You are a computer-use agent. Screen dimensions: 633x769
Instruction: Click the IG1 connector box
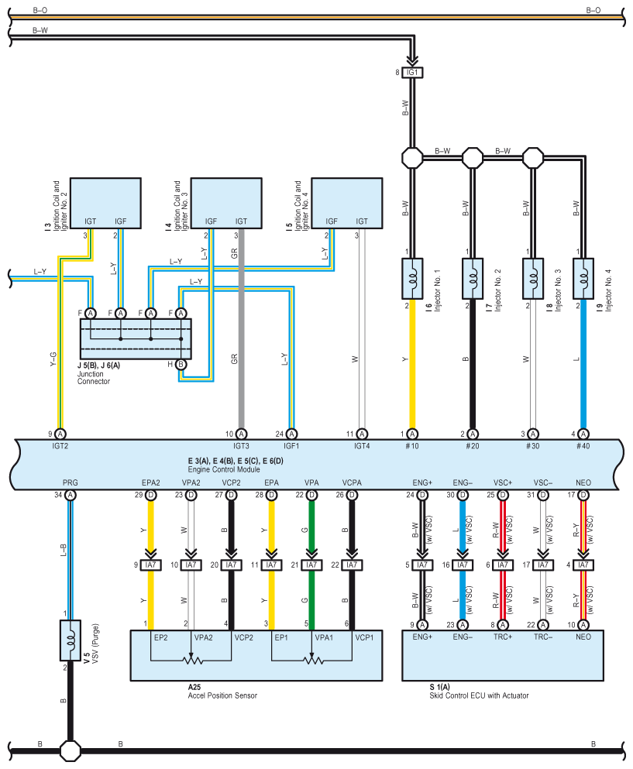[412, 73]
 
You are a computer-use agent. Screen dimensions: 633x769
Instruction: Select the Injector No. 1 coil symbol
[412, 279]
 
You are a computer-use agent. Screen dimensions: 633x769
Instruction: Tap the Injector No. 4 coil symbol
[583, 279]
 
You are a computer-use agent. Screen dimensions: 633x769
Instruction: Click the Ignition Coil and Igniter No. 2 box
[105, 203]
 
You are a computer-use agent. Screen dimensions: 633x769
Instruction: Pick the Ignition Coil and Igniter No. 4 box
[347, 203]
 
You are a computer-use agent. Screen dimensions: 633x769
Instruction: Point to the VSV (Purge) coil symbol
[71, 640]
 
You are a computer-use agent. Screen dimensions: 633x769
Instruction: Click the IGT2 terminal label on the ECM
[60, 446]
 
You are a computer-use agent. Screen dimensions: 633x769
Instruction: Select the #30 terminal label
[532, 446]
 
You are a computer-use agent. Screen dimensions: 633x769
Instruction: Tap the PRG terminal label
[71, 482]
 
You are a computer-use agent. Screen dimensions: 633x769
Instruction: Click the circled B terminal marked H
[181, 365]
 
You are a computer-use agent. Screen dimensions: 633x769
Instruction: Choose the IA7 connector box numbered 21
[311, 565]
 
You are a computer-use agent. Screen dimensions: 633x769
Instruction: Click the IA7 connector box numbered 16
[463, 565]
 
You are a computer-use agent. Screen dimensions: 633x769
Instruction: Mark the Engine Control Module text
[224, 469]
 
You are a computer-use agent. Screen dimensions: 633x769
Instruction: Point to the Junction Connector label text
[93, 378]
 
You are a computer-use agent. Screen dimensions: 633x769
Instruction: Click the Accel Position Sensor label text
[222, 695]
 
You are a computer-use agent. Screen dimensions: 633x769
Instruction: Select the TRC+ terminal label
[503, 637]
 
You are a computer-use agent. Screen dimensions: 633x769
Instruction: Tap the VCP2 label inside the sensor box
[244, 637]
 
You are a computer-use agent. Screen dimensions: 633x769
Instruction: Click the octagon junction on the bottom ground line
[71, 750]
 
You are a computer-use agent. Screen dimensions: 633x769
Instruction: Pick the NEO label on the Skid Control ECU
[583, 637]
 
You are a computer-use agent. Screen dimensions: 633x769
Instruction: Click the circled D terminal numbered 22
[311, 495]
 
